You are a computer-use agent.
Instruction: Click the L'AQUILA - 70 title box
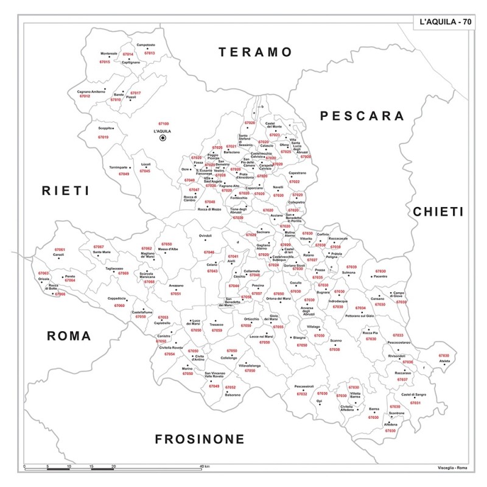pyautogui.click(x=445, y=23)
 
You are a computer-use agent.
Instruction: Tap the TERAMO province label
pyautogui.click(x=256, y=52)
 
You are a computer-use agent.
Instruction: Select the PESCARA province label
pyautogui.click(x=362, y=116)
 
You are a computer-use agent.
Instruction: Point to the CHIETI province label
pyautogui.click(x=438, y=211)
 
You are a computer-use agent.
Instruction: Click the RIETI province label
pyautogui.click(x=65, y=191)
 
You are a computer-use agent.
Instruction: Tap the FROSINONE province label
pyautogui.click(x=199, y=439)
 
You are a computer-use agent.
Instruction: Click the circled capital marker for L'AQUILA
pyautogui.click(x=163, y=138)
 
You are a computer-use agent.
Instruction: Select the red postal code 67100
pyautogui.click(x=163, y=124)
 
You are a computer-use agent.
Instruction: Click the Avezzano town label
pyautogui.click(x=176, y=286)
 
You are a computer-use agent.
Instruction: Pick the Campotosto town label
pyautogui.click(x=145, y=45)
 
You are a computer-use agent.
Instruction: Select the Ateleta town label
pyautogui.click(x=444, y=362)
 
